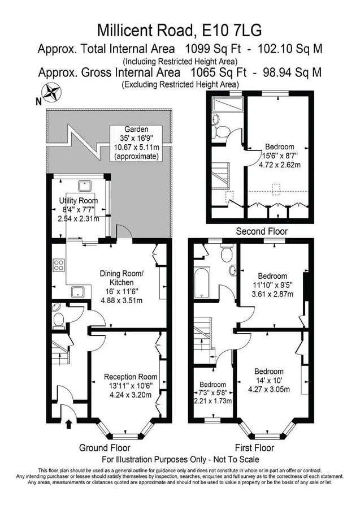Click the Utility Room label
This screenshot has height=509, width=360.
79,201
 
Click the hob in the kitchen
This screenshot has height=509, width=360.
58,265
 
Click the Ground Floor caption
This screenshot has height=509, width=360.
102,448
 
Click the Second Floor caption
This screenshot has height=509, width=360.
262,231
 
